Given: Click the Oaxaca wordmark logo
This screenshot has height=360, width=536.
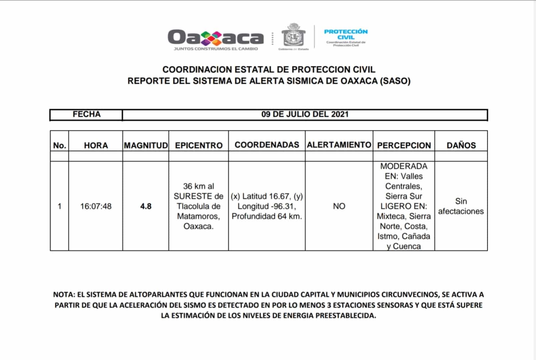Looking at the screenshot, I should point(215,38).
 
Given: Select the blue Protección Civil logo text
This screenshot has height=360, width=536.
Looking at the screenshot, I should point(346,34).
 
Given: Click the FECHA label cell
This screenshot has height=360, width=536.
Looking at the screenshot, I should point(86,114).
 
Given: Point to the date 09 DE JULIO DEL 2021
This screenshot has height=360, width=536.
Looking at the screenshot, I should point(305,114).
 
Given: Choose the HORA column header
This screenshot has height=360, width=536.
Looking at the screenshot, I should point(96,145).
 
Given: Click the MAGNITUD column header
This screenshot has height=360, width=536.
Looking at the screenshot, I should point(146,145).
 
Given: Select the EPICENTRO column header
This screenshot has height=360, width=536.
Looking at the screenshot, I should point(199,145).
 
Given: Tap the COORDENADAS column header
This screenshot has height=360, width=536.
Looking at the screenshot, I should point(267,145).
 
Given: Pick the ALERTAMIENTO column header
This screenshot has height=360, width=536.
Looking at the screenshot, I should point(339,145).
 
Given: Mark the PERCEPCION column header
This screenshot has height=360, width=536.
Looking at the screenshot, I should point(404,145).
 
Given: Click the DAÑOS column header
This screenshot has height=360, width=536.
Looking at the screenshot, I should point(461,145).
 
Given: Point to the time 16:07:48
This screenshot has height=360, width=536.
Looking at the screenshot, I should point(96,206).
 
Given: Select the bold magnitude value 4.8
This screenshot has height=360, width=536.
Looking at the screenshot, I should point(146,206).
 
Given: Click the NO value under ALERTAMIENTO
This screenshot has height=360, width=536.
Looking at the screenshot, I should point(339,206).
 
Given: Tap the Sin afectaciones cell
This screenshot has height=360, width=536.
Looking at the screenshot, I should point(461,206).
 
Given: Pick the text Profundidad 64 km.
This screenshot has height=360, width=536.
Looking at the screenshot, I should point(266,216).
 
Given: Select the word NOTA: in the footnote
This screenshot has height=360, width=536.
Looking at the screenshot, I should point(64,295).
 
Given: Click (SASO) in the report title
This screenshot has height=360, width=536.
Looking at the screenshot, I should point(395,81).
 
